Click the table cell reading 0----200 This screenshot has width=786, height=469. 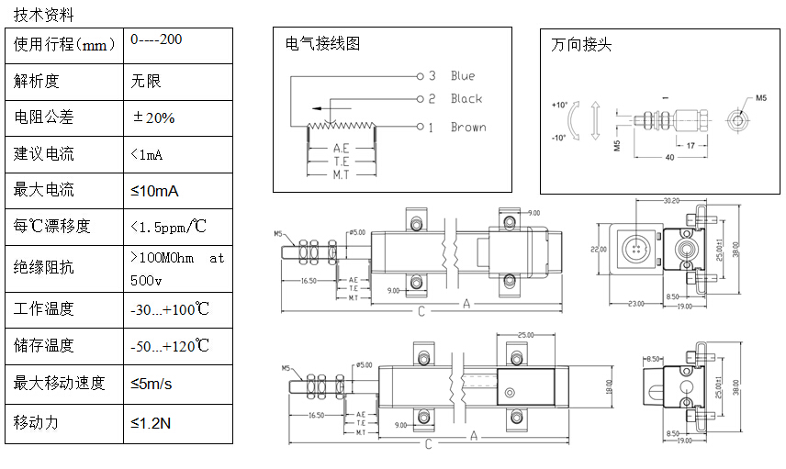pyautogui.click(x=156, y=40)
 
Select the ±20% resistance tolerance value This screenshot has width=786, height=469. pyautogui.click(x=153, y=117)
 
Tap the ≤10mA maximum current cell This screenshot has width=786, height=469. pyautogui.click(x=154, y=190)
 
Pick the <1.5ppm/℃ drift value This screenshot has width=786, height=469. pyautogui.click(x=169, y=226)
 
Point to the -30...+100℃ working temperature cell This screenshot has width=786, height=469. pyautogui.click(x=170, y=309)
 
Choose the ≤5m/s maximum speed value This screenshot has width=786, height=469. pyautogui.click(x=152, y=383)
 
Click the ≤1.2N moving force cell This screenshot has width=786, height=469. pyautogui.click(x=151, y=423)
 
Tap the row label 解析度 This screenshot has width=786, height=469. pyautogui.click(x=37, y=81)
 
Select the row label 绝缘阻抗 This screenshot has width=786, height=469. pyautogui.click(x=44, y=268)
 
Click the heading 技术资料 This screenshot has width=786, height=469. pyautogui.click(x=44, y=15)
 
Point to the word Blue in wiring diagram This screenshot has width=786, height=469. pyautogui.click(x=463, y=76)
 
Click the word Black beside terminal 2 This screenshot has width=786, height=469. pyautogui.click(x=466, y=99)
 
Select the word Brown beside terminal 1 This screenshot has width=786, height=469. pyautogui.click(x=468, y=128)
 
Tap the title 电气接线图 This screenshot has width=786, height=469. pyautogui.click(x=323, y=43)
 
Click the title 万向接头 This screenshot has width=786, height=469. pyautogui.click(x=581, y=44)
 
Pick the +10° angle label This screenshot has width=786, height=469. pyautogui.click(x=560, y=105)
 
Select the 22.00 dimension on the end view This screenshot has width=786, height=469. pyautogui.click(x=599, y=249)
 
